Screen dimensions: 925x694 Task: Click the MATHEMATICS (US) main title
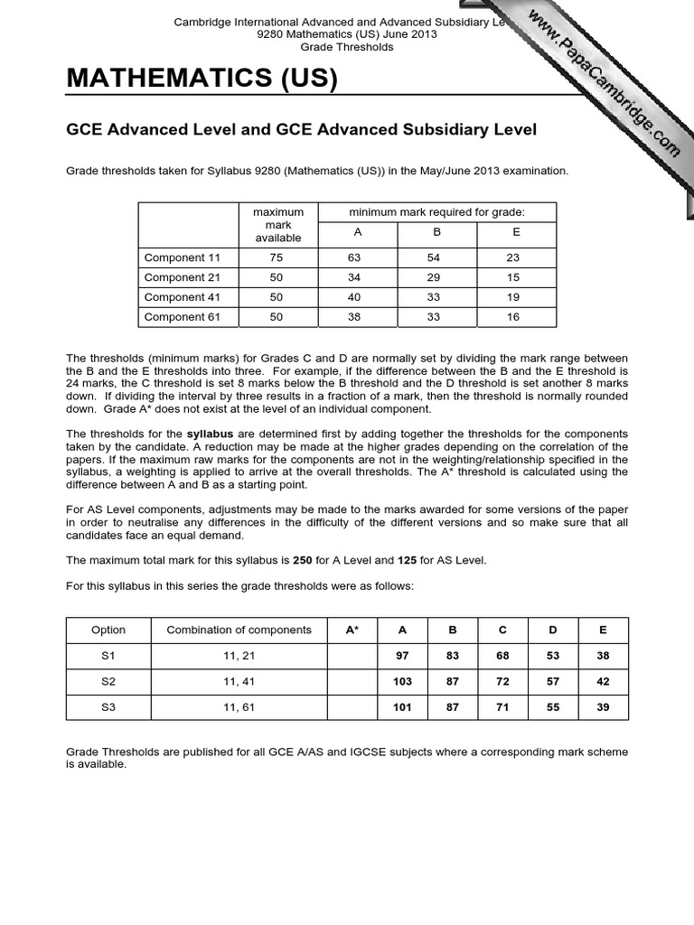(202, 81)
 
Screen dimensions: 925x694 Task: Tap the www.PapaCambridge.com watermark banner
(604, 82)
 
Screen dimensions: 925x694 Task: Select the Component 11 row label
(175, 257)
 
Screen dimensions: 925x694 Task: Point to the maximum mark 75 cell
(277, 257)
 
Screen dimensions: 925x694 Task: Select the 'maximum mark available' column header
(277, 225)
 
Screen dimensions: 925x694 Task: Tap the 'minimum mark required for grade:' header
(437, 212)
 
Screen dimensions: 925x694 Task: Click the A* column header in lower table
(352, 630)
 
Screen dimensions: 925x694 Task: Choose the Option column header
(108, 630)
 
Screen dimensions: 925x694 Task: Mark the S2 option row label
(108, 682)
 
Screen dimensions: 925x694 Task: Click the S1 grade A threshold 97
(402, 656)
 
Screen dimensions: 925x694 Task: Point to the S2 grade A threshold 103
(402, 682)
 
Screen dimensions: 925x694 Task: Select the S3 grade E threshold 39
(603, 707)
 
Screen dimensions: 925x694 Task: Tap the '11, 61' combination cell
(239, 707)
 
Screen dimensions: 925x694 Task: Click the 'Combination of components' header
(239, 630)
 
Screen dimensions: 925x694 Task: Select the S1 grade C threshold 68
(502, 656)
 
